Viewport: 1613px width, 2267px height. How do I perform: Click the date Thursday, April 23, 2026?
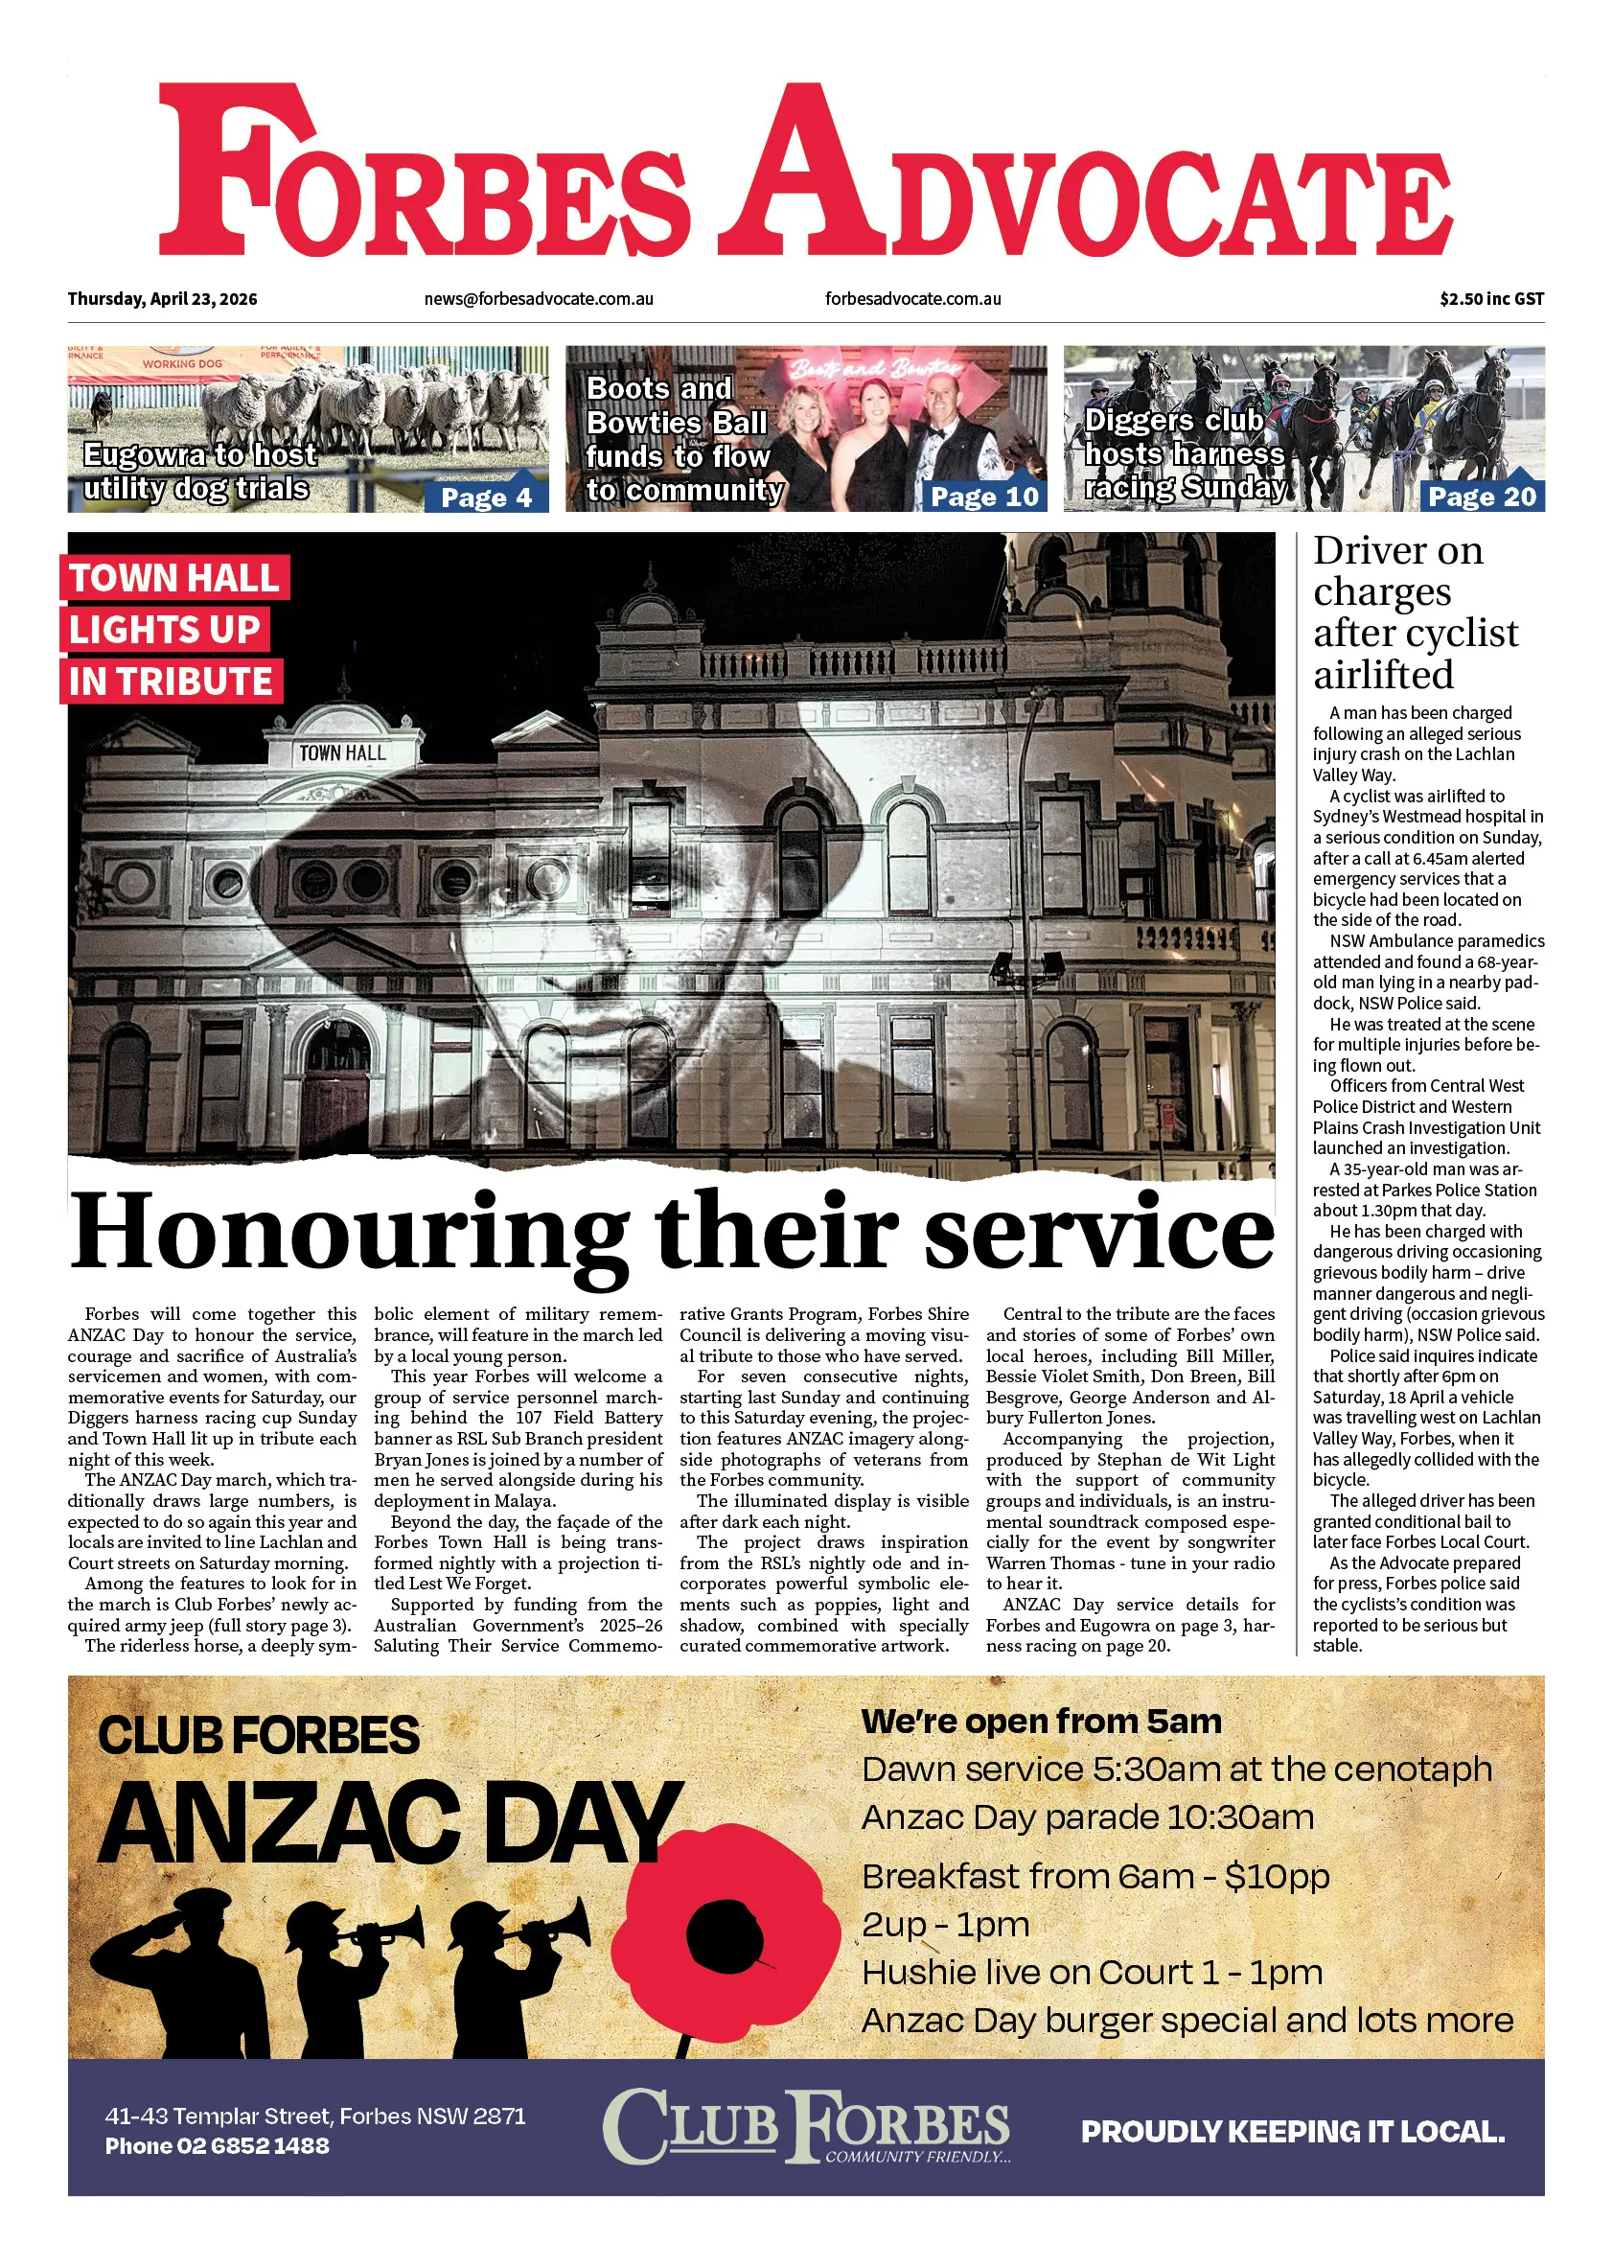162,299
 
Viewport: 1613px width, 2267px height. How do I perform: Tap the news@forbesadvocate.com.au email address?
539,299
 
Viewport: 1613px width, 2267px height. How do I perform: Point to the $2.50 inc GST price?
1491,299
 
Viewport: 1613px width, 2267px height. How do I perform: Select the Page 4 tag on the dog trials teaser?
487,497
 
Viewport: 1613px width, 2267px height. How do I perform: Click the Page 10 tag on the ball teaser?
984,497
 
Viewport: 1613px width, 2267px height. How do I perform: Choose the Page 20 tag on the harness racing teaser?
1482,497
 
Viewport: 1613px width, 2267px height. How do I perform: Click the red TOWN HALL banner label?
173,578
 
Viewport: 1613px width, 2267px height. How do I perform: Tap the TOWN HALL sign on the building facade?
343,753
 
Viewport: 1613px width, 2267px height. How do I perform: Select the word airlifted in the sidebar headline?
1383,676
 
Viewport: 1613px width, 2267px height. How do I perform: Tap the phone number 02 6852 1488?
252,2146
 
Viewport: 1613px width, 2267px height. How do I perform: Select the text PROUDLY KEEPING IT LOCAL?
1292,2132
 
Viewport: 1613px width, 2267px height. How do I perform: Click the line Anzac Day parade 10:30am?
1088,1818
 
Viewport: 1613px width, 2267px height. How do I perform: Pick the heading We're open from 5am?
1041,1722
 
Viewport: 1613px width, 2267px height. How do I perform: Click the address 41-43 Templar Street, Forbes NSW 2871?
315,2116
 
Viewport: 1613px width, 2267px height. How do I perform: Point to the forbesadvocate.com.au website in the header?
912,299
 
